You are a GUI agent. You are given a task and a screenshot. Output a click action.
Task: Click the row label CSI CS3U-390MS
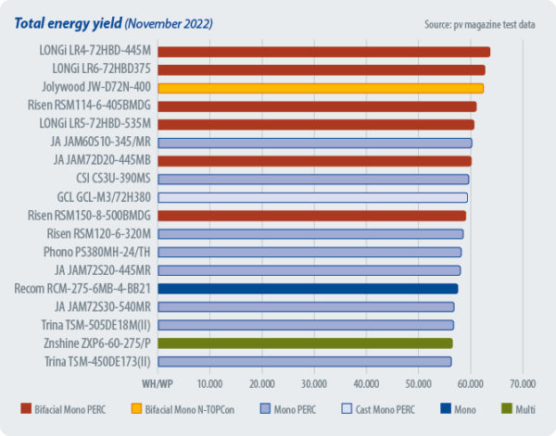[x=113, y=179]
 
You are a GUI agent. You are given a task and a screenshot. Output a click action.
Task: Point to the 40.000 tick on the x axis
[x=366, y=382]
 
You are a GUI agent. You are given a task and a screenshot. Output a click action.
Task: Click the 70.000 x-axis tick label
[x=523, y=382]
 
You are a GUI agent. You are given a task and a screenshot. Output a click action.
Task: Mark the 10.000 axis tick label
[x=209, y=382]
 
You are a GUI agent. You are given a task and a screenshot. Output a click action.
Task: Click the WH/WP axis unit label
[x=157, y=382]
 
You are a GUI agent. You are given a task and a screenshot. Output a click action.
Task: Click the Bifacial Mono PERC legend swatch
[x=26, y=408]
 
